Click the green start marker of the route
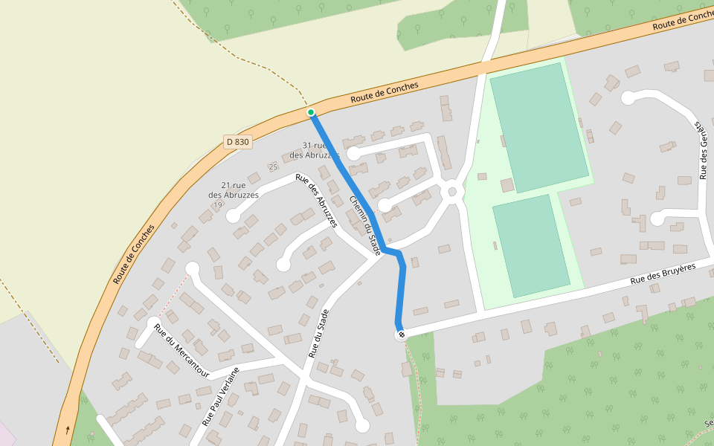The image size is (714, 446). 311,112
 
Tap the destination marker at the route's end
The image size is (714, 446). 402,335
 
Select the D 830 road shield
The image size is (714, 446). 238,141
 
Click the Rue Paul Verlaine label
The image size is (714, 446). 220,396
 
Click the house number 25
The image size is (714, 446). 273,167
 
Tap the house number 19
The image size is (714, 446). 217,204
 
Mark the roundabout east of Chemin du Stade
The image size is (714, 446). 451,192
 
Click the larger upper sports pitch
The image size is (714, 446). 539,127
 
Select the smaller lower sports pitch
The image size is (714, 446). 531,245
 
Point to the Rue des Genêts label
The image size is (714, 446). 703,149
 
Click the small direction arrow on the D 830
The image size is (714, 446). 68,430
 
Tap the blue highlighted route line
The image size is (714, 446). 350,178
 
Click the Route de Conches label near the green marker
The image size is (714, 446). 385,93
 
